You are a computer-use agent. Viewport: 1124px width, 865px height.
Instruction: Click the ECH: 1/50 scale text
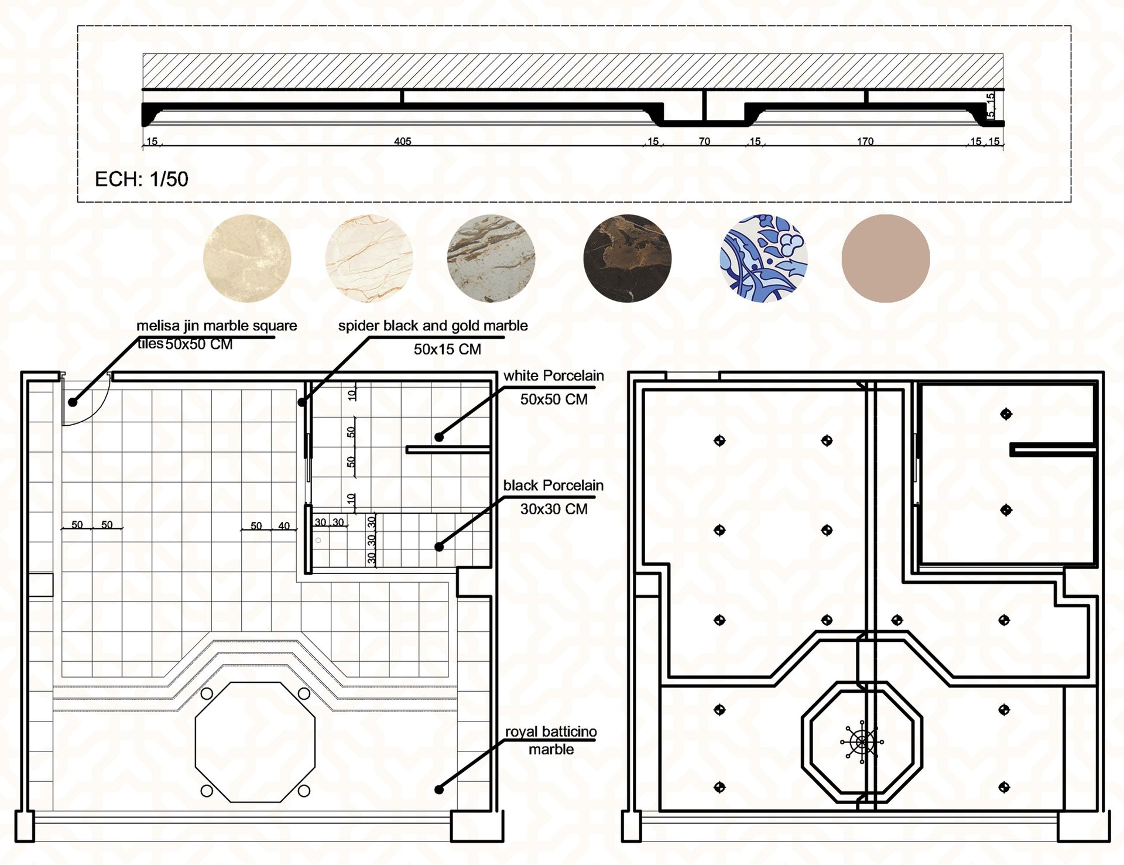(142, 179)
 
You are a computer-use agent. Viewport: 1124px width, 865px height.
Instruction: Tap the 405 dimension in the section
(403, 141)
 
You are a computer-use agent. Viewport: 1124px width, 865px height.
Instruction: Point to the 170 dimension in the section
(865, 141)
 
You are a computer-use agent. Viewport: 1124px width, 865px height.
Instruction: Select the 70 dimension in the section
(704, 141)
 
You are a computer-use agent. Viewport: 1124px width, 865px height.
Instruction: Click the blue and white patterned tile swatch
(763, 258)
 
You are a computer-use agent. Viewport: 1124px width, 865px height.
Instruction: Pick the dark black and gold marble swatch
(628, 258)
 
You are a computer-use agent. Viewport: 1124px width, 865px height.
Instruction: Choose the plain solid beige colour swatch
(886, 258)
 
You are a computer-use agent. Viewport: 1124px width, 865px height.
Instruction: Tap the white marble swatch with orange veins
(369, 258)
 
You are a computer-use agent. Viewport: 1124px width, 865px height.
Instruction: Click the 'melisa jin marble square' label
(217, 326)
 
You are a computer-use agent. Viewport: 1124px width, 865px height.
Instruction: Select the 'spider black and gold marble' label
(433, 326)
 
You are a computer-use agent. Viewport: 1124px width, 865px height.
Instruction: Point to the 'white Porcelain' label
(554, 376)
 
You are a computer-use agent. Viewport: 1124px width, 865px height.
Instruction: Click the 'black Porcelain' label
(554, 486)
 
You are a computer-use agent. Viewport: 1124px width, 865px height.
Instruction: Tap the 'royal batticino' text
(551, 731)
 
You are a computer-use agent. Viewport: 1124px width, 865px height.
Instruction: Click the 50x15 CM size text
(448, 350)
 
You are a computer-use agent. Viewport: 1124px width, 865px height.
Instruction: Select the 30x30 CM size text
(554, 510)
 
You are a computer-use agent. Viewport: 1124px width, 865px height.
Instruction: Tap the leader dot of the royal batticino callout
(439, 789)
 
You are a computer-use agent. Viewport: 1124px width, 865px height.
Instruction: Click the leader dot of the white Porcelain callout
(439, 437)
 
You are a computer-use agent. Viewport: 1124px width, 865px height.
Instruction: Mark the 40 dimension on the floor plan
(284, 526)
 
